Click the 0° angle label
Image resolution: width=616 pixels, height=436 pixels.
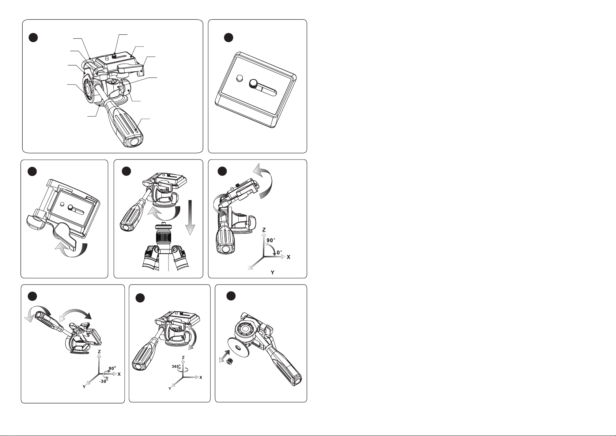tap(279, 252)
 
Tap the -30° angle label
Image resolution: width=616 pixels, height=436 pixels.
tap(103, 381)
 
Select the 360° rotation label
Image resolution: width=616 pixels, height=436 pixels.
tap(176, 367)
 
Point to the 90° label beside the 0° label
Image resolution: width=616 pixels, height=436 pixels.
tap(271, 240)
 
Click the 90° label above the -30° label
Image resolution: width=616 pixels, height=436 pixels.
tap(112, 368)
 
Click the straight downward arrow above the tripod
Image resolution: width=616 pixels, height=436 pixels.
tap(190, 217)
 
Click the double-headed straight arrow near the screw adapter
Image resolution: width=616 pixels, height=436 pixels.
tap(224, 356)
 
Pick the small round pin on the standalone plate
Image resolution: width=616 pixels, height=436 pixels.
tap(240, 78)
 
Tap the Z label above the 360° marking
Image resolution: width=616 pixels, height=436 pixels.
tap(183, 357)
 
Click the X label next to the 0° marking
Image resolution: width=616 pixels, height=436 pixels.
tap(288, 257)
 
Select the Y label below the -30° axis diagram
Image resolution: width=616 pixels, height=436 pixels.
tap(84, 387)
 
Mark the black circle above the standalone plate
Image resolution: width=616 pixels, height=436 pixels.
tap(228, 38)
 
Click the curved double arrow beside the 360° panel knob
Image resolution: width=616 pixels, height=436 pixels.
tap(193, 338)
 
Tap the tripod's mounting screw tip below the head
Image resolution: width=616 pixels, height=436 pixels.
tap(164, 223)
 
